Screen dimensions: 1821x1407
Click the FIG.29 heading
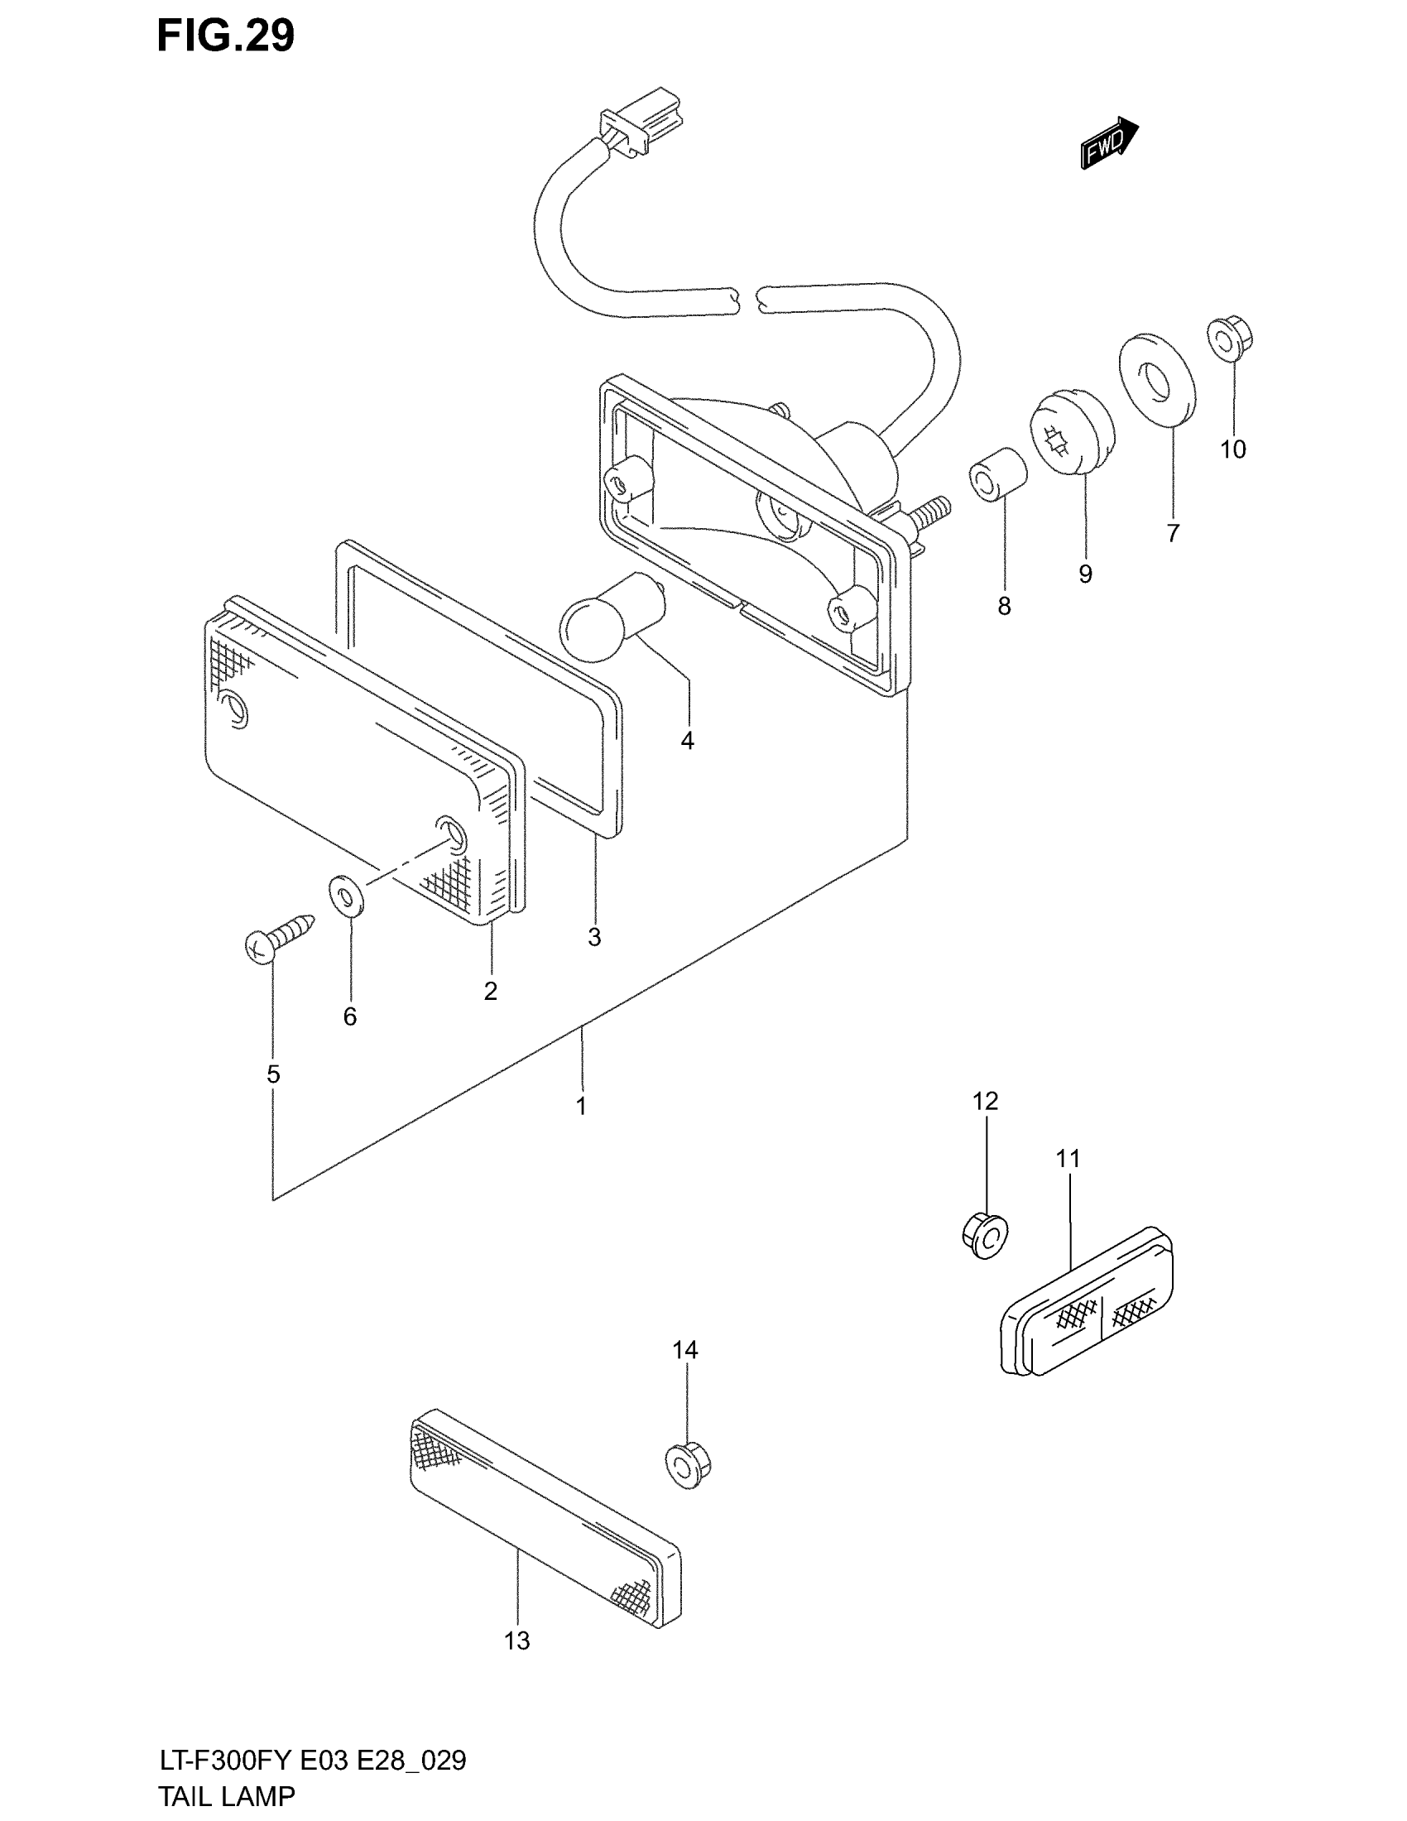coord(225,36)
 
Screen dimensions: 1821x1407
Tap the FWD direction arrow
coord(1108,144)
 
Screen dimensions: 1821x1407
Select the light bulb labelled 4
coord(612,616)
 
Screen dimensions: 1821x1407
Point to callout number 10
coord(1233,449)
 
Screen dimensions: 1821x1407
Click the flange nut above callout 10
coord(1230,339)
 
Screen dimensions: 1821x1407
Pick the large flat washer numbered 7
coord(1156,379)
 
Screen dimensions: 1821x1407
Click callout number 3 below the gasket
coord(594,937)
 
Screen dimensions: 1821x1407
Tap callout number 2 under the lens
coord(490,991)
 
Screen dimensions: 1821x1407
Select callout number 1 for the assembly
coord(581,1106)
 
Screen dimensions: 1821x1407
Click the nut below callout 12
coord(984,1236)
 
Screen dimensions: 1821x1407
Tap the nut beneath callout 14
coord(688,1464)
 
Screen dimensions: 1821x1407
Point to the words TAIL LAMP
coord(226,1796)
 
